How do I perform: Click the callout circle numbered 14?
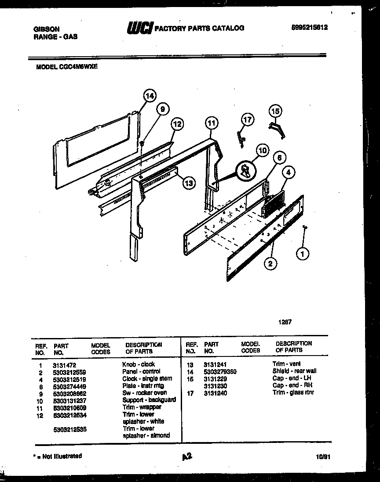pyautogui.click(x=150, y=96)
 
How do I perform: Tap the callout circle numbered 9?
pyautogui.click(x=162, y=110)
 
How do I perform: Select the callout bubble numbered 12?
pyautogui.click(x=176, y=124)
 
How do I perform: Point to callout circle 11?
pyautogui.click(x=212, y=123)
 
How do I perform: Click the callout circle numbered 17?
pyautogui.click(x=248, y=119)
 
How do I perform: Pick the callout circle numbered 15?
pyautogui.click(x=275, y=112)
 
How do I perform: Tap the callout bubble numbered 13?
pyautogui.click(x=189, y=183)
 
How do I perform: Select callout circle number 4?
pyautogui.click(x=288, y=173)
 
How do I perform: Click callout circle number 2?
pyautogui.click(x=271, y=264)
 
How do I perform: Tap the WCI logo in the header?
pyautogui.click(x=139, y=28)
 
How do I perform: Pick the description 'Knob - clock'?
pyautogui.click(x=139, y=364)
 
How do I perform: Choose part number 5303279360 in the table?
pyautogui.click(x=220, y=371)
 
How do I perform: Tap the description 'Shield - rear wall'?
pyautogui.click(x=294, y=371)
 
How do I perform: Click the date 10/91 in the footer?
pyautogui.click(x=323, y=457)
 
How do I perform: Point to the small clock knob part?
pyautogui.click(x=304, y=227)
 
